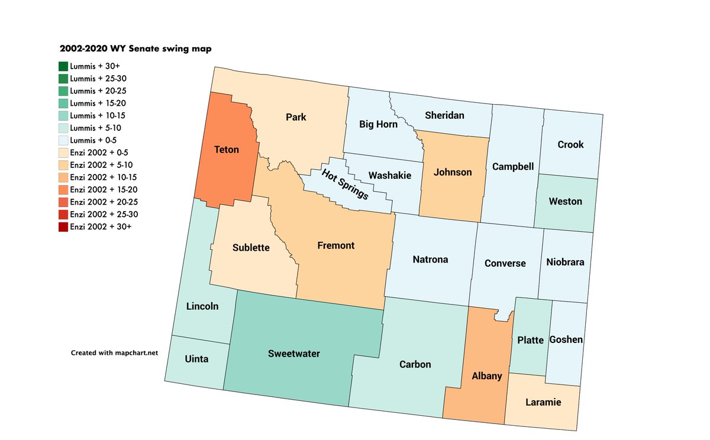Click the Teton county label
point(227,150)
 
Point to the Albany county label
point(486,376)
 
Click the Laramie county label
point(543,403)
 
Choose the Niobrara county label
point(565,262)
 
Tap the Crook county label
point(570,144)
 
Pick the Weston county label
point(565,201)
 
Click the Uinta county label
point(196,359)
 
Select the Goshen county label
point(566,339)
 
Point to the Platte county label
point(530,340)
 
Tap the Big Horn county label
point(378,124)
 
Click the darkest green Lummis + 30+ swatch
point(63,66)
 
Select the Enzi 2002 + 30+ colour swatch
point(63,227)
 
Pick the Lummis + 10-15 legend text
point(97,115)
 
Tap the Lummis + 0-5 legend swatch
point(63,140)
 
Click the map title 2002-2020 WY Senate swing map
point(135,49)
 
